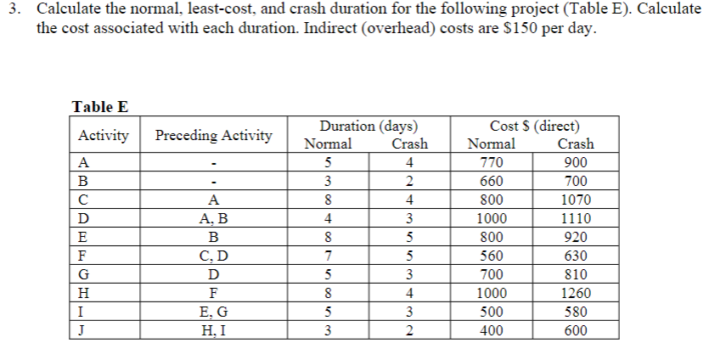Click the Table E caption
99,107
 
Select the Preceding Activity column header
214,136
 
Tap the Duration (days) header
368,127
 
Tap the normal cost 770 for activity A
491,163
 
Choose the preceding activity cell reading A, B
214,219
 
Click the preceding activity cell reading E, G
214,312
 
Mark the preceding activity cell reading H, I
214,330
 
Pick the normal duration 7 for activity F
328,256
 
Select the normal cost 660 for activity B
491,182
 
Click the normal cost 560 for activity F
491,256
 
